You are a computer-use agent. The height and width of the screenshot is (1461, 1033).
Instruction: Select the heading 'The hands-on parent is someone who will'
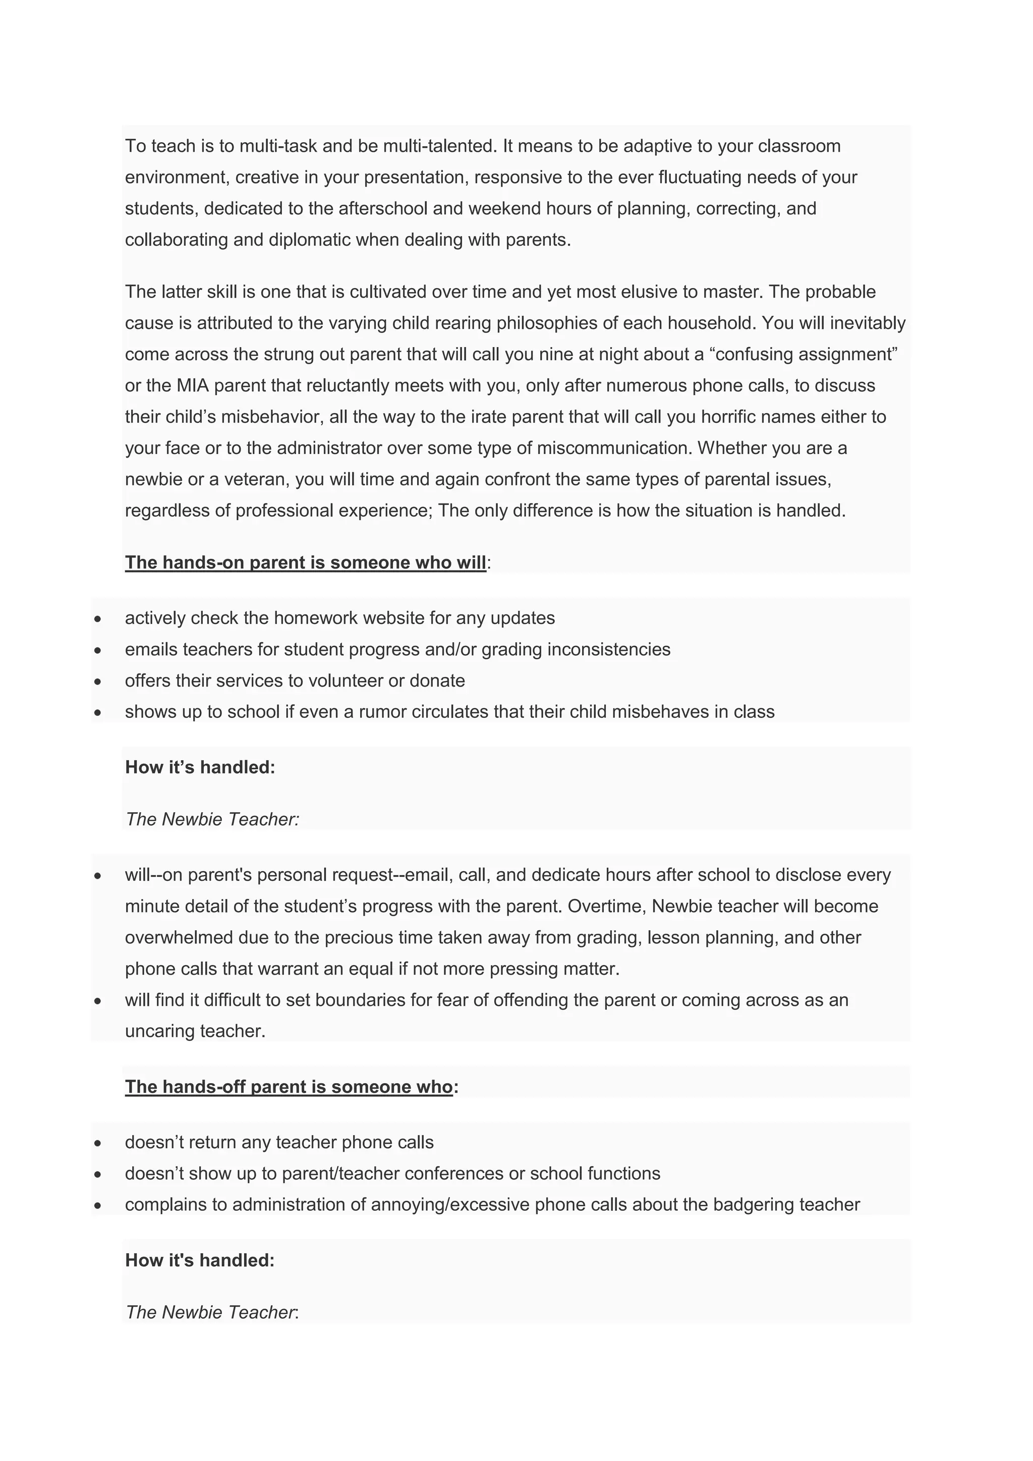pos(305,563)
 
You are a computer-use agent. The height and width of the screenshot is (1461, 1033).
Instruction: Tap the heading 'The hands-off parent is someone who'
pos(289,1086)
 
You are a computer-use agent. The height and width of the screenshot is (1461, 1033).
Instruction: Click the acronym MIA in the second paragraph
pos(193,385)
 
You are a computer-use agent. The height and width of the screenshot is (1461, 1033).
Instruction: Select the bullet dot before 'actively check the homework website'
pos(97,619)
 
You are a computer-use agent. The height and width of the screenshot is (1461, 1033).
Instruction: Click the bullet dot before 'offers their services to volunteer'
pos(97,681)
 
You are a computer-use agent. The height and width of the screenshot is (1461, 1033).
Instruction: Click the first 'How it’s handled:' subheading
pos(200,767)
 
